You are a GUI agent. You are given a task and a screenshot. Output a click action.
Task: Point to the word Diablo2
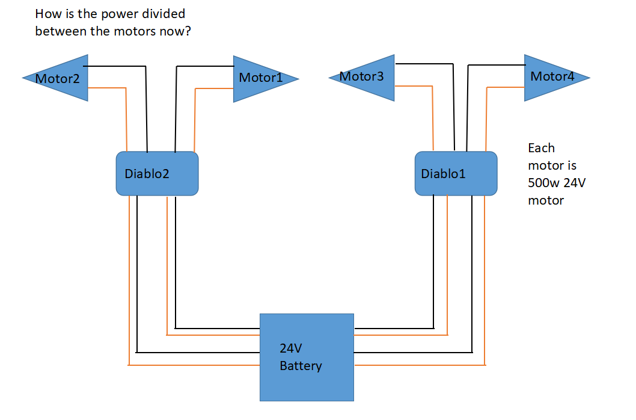click(147, 174)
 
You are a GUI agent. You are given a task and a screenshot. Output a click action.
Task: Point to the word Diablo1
click(443, 174)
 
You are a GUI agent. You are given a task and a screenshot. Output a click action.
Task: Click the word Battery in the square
click(301, 366)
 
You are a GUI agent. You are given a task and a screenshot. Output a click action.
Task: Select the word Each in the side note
click(541, 147)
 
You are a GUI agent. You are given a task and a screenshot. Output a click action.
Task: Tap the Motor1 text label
click(260, 78)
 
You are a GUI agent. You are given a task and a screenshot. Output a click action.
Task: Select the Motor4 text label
click(552, 76)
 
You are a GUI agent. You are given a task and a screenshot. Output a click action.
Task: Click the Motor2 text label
click(57, 78)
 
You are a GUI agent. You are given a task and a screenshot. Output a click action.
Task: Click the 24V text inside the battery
click(290, 348)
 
